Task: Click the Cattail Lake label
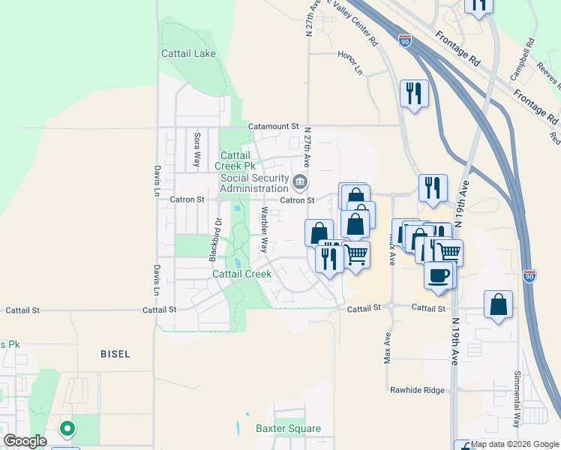click(188, 54)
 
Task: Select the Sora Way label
click(197, 148)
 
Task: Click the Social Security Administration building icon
click(300, 181)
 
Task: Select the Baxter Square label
click(288, 429)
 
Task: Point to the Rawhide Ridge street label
click(418, 390)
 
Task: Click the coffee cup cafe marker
click(439, 274)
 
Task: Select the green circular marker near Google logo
click(67, 429)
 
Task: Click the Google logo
click(25, 441)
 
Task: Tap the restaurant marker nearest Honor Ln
click(414, 94)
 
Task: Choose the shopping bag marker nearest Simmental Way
click(498, 305)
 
